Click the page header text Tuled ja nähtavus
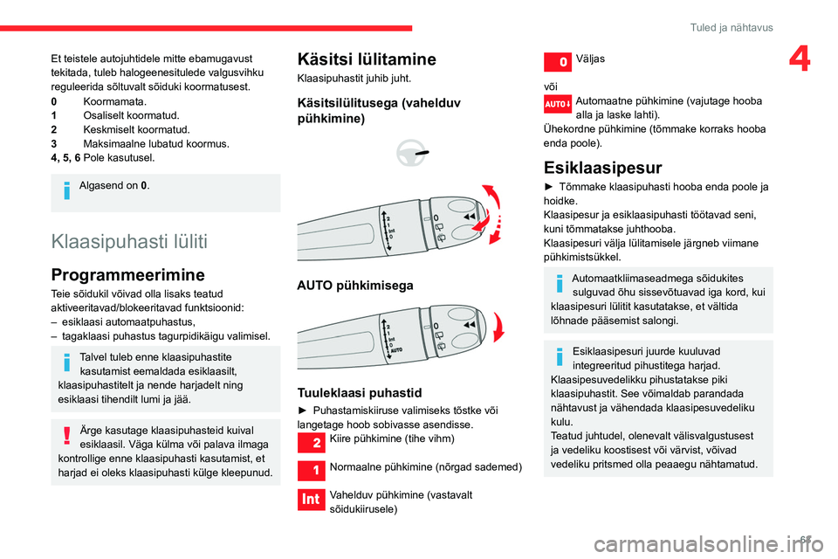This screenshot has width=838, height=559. tap(731, 27)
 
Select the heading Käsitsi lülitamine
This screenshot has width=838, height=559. tap(367, 59)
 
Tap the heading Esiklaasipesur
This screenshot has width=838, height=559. tap(602, 167)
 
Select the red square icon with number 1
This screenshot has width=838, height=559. tap(312, 471)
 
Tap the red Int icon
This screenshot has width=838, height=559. tap(312, 500)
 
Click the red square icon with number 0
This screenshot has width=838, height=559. tap(558, 62)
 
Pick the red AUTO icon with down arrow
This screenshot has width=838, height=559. tap(558, 105)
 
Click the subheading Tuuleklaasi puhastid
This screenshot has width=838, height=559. tap(359, 392)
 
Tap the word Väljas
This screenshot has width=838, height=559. tap(590, 58)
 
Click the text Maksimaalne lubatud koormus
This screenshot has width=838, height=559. tap(156, 143)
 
